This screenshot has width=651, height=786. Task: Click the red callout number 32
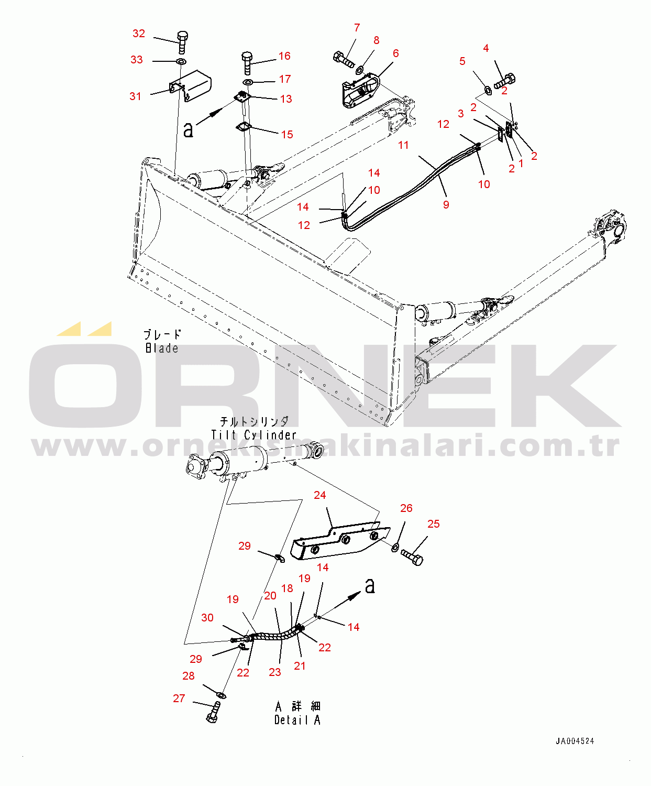(x=139, y=34)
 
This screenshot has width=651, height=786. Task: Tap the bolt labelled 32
(x=182, y=42)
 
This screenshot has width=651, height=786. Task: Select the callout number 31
(x=136, y=96)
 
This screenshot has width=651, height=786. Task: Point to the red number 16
(x=284, y=56)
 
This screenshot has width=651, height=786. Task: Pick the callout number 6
(x=396, y=53)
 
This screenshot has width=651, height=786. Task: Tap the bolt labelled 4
(x=505, y=81)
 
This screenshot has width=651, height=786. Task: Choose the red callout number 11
(x=403, y=145)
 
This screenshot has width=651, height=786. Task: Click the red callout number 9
(x=446, y=204)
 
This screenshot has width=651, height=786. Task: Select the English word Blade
(x=162, y=348)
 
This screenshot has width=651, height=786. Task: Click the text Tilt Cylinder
(x=253, y=435)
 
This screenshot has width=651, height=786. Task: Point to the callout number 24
(x=320, y=495)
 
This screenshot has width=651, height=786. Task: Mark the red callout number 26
(x=406, y=508)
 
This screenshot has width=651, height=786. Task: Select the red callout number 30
(x=207, y=617)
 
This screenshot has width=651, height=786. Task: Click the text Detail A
(x=297, y=720)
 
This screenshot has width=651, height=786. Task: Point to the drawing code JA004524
(x=575, y=741)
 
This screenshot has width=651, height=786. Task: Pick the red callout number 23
(x=275, y=672)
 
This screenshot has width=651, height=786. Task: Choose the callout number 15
(x=287, y=134)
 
